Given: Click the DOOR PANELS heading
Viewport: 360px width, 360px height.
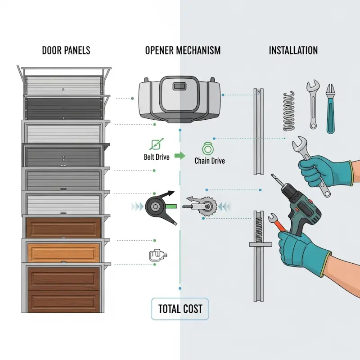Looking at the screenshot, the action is [66, 50].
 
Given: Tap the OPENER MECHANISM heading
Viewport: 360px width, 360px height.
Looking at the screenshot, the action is [183, 50].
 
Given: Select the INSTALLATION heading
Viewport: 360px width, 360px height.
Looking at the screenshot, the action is [293, 50].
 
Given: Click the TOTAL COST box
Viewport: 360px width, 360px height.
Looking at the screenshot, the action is [180, 309].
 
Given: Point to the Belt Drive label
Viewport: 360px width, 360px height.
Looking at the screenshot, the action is [157, 157].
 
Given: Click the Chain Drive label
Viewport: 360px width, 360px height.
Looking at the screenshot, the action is [210, 161].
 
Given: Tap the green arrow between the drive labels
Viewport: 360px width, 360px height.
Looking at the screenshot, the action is [180, 156].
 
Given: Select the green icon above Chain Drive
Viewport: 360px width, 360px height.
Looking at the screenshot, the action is [208, 148].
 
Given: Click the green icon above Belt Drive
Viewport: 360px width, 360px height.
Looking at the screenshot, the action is [156, 144].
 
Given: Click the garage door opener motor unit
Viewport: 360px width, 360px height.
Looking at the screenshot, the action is [180, 99].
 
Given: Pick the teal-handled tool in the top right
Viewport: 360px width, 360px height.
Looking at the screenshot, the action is [330, 108].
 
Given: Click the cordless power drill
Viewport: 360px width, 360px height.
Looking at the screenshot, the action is [297, 204].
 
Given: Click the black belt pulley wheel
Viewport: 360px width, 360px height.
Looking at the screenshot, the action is [155, 207].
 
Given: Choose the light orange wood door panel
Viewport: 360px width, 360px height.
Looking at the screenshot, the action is [63, 252].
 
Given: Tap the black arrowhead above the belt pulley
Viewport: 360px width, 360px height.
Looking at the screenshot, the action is [170, 193].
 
